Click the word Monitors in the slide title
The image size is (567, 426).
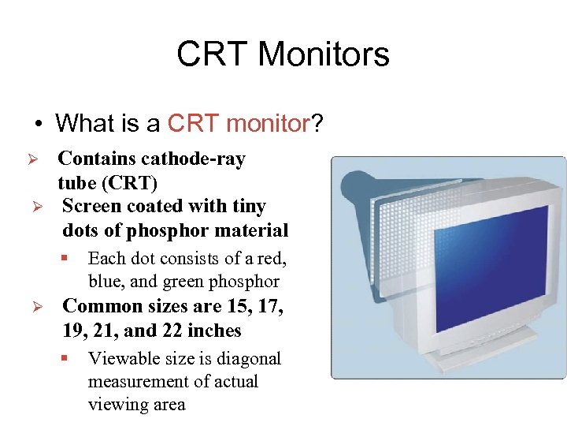click(323, 54)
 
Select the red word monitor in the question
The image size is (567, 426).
click(267, 123)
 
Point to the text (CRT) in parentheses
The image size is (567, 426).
click(128, 183)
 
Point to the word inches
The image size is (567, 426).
click(215, 331)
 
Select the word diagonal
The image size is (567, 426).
click(247, 359)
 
